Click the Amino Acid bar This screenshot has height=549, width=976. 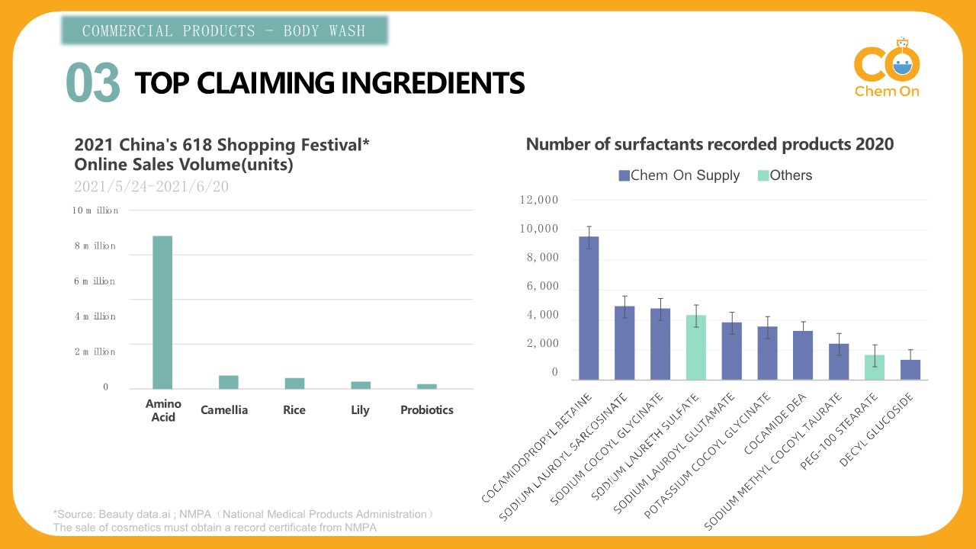coord(162,312)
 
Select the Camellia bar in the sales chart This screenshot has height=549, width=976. coord(227,381)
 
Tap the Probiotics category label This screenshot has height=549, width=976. coord(426,410)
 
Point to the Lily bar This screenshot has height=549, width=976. coord(360,385)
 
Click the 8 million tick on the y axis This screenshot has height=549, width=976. coord(95,246)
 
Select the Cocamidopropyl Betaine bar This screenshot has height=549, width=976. coord(589,307)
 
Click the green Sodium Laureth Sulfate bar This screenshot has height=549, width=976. coord(695,347)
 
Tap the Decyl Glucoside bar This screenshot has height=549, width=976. coord(910,369)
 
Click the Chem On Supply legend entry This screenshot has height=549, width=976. coord(679,175)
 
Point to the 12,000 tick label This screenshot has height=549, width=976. coord(538,200)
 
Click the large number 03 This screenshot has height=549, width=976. coord(93,82)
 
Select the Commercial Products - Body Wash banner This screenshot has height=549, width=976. coord(224,30)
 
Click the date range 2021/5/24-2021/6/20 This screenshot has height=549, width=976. coord(151,186)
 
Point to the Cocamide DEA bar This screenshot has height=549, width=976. coord(803,355)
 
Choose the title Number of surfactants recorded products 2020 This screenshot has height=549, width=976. coord(709,144)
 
